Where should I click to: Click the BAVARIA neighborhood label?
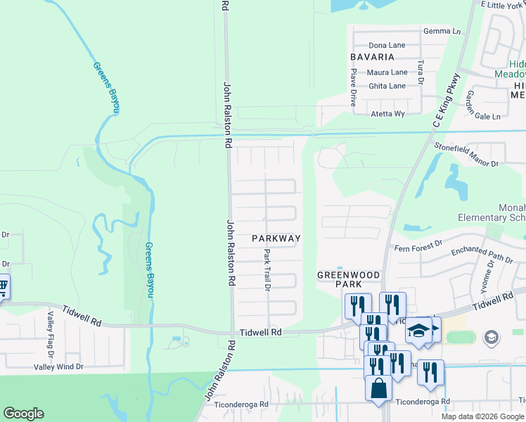(x=372, y=56)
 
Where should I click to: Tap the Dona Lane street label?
(x=387, y=45)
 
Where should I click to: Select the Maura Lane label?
(x=387, y=72)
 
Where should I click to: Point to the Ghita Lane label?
(x=387, y=86)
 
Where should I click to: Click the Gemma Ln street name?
(x=442, y=32)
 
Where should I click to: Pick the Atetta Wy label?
(x=387, y=113)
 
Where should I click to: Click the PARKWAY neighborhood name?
(x=276, y=238)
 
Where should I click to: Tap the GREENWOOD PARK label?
(x=349, y=279)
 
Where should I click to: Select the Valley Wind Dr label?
(x=58, y=366)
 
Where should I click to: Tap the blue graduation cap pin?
(x=418, y=331)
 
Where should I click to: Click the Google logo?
(x=23, y=414)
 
